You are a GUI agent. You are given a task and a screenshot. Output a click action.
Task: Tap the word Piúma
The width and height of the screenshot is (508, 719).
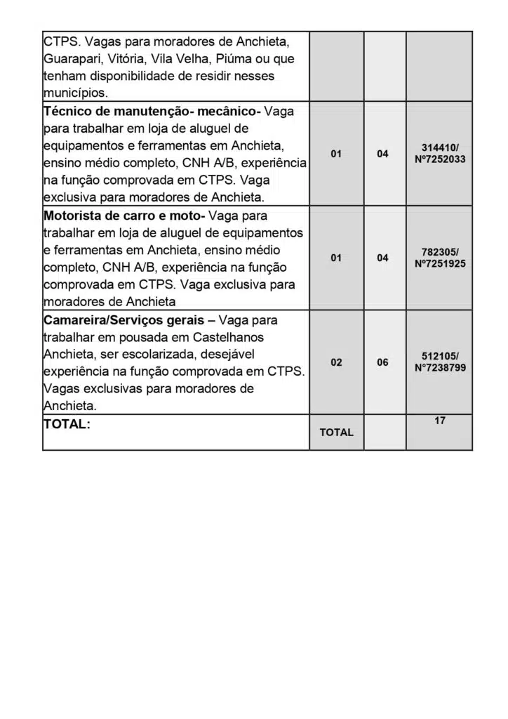(x=239, y=58)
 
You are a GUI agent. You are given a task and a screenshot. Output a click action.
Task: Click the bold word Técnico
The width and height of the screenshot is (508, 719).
(x=67, y=112)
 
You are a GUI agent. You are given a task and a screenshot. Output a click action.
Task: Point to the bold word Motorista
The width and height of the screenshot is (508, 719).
(x=72, y=216)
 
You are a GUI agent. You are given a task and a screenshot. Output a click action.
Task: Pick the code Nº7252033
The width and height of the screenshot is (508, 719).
(x=440, y=159)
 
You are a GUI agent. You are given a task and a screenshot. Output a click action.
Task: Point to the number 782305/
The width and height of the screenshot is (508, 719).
(x=440, y=251)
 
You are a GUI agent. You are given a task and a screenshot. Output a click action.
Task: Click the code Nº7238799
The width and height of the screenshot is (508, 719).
(x=440, y=368)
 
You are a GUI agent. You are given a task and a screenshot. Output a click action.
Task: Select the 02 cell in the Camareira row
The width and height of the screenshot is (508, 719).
(x=337, y=362)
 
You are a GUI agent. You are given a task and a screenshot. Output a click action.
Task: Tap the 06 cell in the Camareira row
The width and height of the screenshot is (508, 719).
(x=382, y=362)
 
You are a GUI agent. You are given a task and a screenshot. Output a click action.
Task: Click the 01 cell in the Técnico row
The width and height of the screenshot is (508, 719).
(x=337, y=154)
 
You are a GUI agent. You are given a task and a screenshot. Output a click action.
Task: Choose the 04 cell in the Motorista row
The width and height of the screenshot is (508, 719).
(x=382, y=258)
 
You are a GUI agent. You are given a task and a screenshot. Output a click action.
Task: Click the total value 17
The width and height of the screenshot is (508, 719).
(x=440, y=421)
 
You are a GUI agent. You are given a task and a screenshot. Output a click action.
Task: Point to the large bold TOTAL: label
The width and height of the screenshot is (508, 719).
(x=67, y=424)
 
